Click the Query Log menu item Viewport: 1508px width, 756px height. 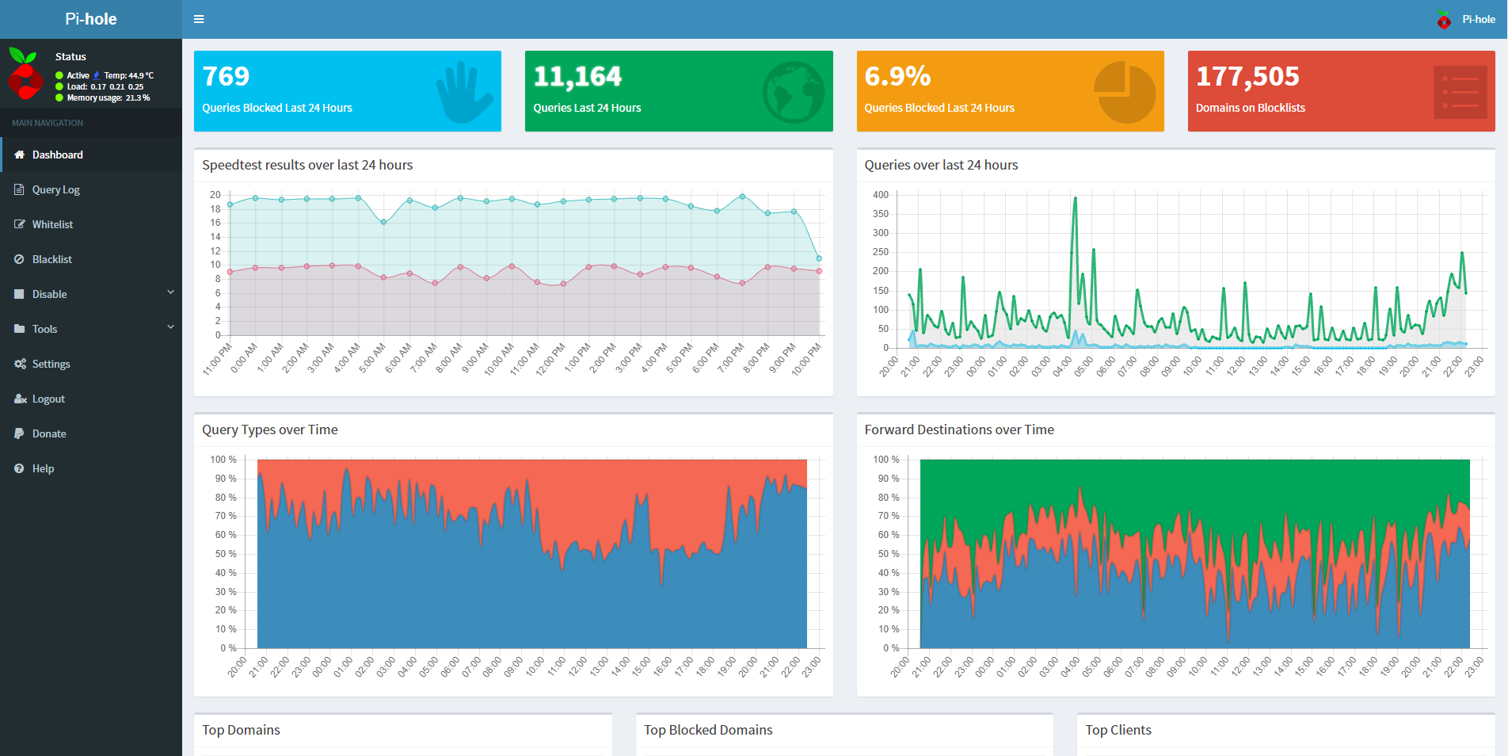55,189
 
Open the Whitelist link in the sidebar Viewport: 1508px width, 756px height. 52,224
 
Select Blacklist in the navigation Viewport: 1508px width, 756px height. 51,259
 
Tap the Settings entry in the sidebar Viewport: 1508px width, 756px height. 51,364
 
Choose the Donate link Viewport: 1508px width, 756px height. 49,433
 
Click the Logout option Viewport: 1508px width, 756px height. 48,399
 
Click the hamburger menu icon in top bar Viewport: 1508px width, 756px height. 199,19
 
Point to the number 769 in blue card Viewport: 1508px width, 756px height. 226,76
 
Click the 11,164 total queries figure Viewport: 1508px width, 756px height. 577,76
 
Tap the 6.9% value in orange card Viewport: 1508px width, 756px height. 897,76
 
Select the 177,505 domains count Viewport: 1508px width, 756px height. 1247,76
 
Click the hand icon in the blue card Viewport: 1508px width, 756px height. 464,93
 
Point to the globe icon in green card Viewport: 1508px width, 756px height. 794,92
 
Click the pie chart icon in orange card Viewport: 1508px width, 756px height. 1125,93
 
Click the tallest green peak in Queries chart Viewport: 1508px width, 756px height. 1075,198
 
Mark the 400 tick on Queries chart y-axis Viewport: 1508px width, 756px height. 880,195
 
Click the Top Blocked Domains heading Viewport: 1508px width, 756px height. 708,730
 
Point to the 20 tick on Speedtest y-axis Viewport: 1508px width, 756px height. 215,195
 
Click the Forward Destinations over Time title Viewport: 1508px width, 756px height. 959,430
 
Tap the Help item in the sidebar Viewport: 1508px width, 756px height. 43,468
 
